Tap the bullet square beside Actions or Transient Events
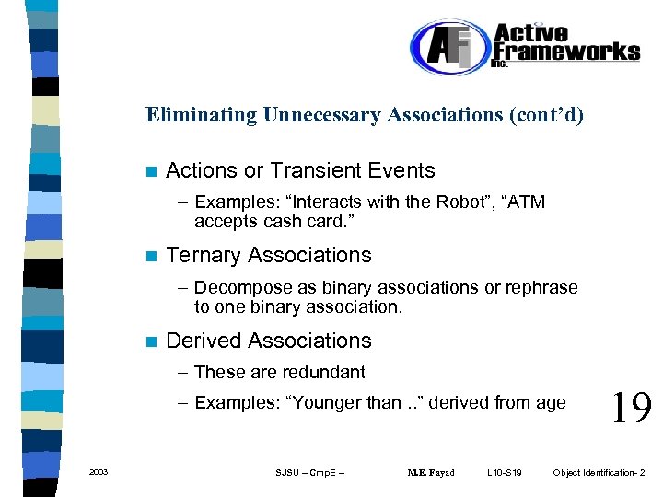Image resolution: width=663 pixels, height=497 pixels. click(x=151, y=171)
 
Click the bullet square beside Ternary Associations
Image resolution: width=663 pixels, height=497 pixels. click(x=151, y=256)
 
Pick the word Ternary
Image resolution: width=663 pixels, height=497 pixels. click(x=203, y=255)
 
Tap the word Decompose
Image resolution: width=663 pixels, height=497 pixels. click(x=236, y=287)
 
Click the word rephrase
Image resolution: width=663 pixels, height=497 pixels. click(x=542, y=287)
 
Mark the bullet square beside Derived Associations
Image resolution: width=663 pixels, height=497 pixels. click(x=151, y=341)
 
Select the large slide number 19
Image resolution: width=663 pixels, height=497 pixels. click(x=631, y=405)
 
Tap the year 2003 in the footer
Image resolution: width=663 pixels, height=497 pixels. click(x=99, y=473)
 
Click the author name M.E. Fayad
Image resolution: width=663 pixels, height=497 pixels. click(x=431, y=473)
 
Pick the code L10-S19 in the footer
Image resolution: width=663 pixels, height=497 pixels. click(x=505, y=473)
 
